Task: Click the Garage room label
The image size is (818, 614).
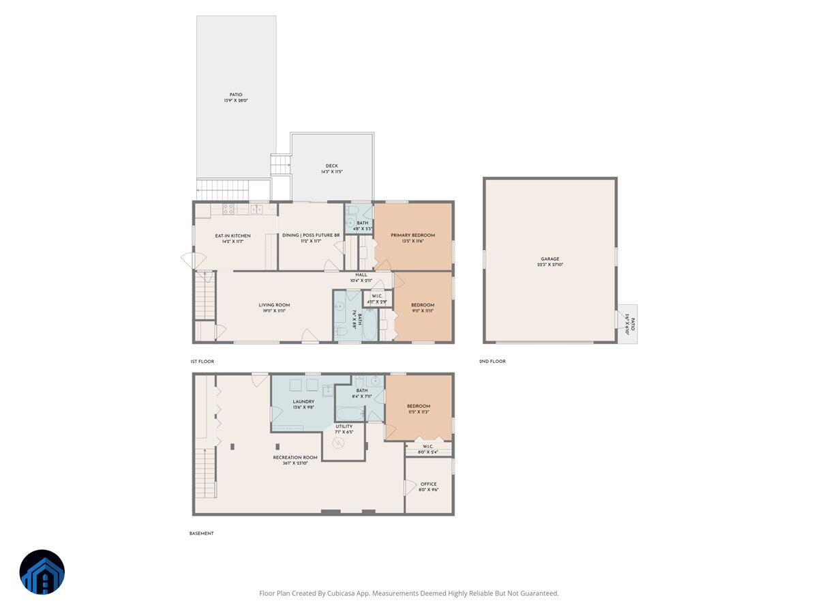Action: point(550,259)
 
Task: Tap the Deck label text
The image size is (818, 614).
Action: point(331,166)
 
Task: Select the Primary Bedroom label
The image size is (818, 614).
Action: point(412,235)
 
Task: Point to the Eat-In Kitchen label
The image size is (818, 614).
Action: point(232,236)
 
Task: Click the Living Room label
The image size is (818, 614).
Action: point(274,305)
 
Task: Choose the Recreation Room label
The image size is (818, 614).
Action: point(290,457)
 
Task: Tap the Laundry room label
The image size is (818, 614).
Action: point(303,402)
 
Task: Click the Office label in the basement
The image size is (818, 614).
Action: point(428,484)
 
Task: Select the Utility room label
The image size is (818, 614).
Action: point(344,426)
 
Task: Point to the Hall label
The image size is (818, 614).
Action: point(361,275)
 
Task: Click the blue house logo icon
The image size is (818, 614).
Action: point(42,572)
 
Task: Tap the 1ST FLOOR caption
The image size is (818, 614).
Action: point(202,361)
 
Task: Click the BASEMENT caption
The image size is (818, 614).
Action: point(201,533)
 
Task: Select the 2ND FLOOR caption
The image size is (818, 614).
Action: point(492,361)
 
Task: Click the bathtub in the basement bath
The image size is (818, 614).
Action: point(348,413)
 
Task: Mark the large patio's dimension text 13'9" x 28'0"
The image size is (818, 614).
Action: point(236,101)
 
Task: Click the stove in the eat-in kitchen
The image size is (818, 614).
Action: point(229,209)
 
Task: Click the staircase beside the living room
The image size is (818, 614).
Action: point(204,295)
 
